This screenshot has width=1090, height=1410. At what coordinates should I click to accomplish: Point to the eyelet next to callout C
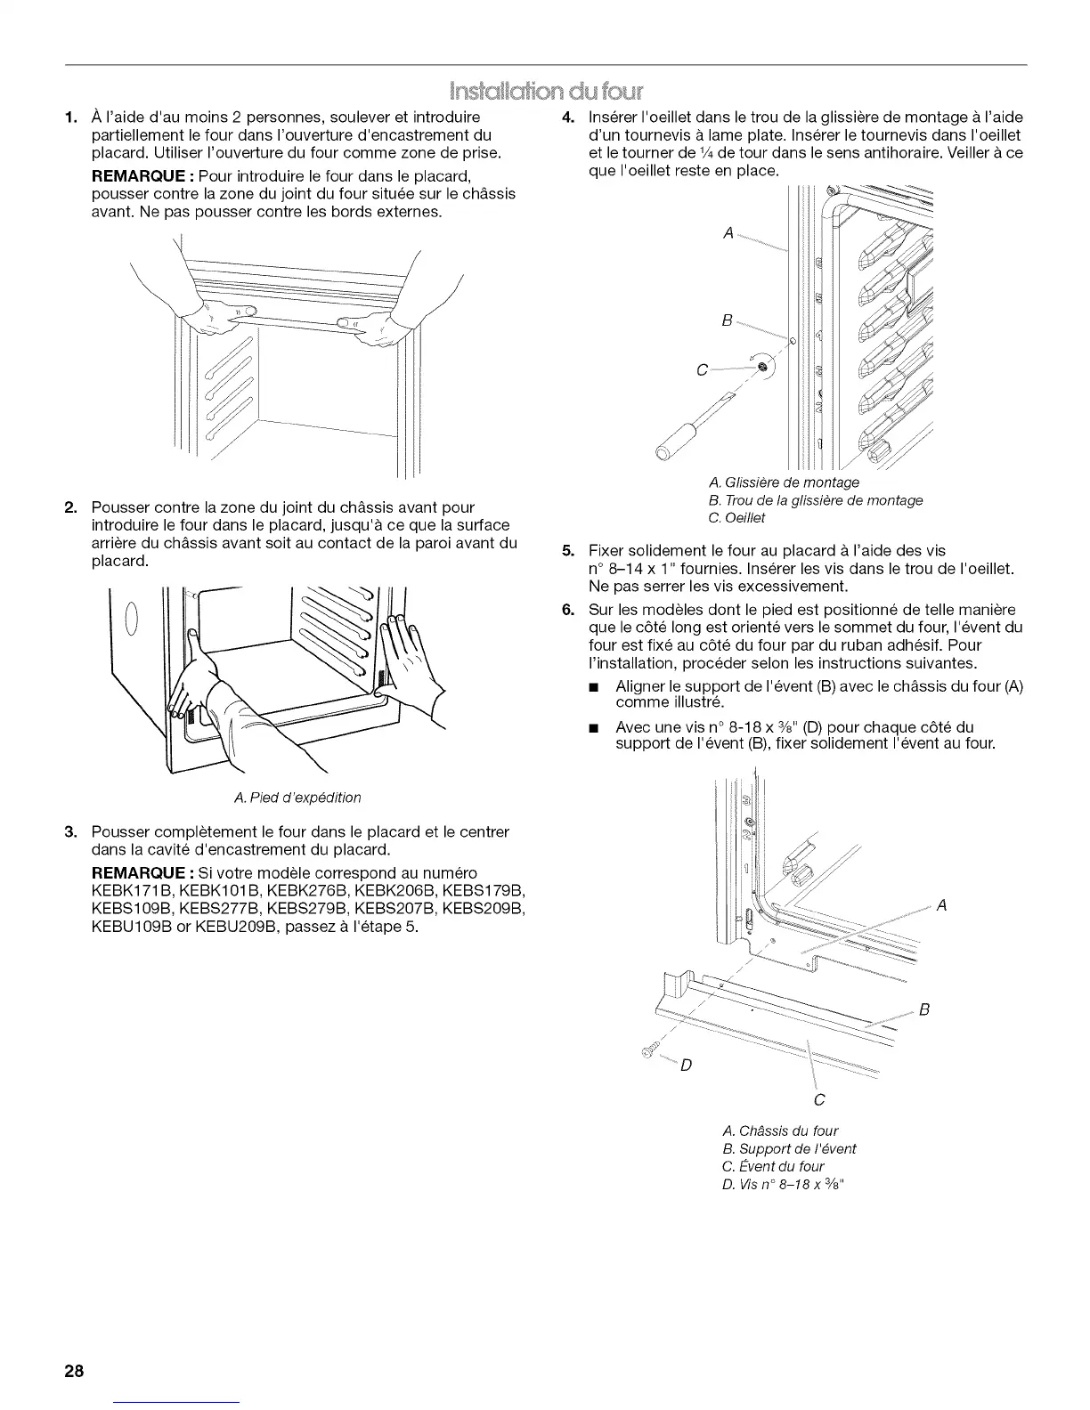click(762, 367)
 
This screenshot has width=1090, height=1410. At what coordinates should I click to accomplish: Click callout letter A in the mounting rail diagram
click(728, 233)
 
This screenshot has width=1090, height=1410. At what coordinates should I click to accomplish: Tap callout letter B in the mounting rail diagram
click(727, 321)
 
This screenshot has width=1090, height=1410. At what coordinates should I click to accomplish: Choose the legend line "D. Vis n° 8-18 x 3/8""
click(782, 1183)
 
